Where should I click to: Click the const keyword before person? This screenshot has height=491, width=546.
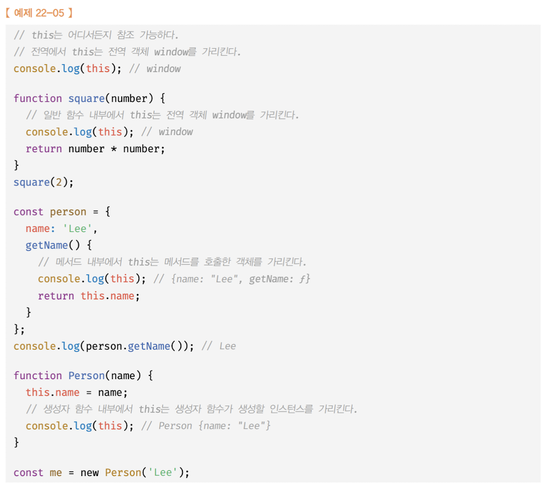(28, 212)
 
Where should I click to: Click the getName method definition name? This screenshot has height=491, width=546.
(47, 245)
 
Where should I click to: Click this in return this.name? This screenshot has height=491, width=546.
(92, 296)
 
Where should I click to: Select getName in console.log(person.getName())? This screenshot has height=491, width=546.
(149, 346)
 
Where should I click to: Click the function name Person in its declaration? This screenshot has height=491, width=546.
(87, 376)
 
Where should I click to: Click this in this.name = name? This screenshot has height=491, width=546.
(38, 392)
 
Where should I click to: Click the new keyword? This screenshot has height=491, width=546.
(89, 472)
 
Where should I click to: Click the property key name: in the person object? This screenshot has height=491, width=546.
(40, 228)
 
